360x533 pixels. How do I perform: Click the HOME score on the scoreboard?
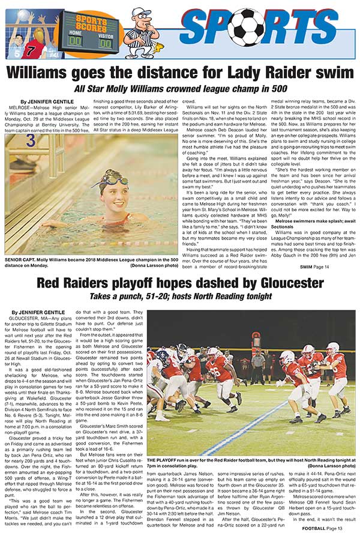[74, 41]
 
